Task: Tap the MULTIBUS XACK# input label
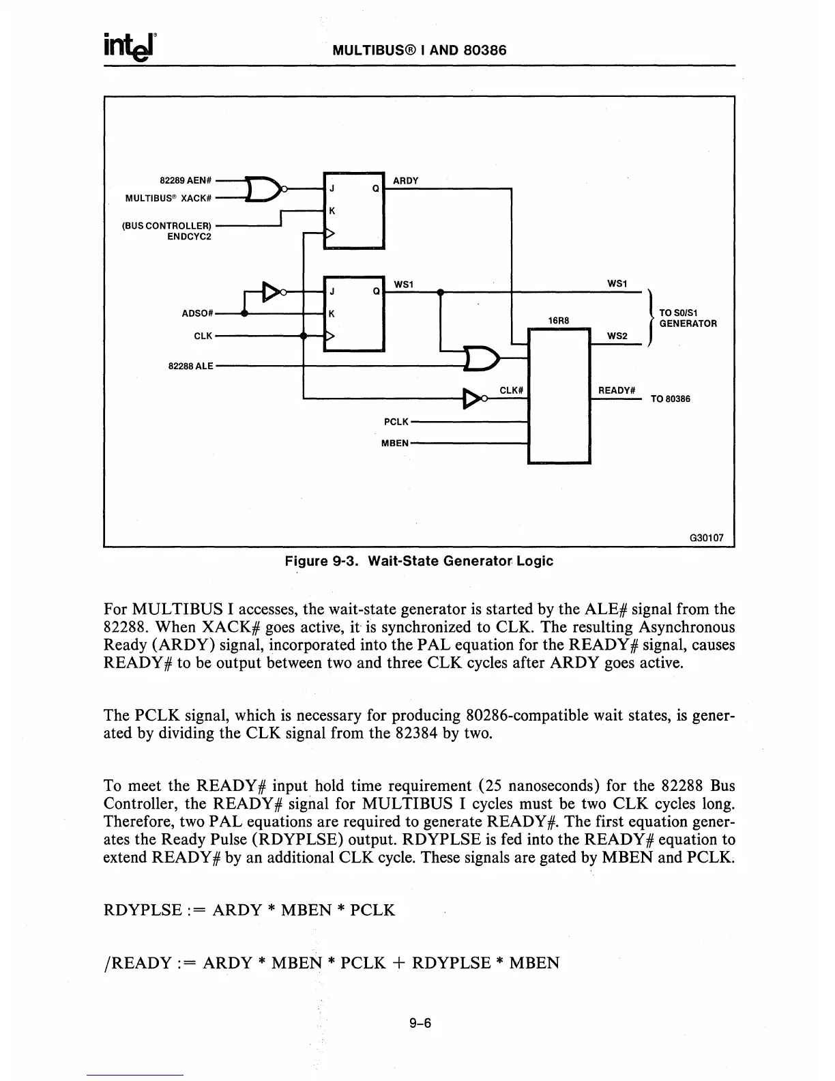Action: point(168,198)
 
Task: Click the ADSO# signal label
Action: point(198,314)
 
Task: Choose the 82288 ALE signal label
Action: point(191,366)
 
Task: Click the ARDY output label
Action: point(406,181)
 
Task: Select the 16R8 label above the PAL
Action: point(559,320)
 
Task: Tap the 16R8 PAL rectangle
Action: point(559,396)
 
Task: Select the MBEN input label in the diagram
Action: point(394,442)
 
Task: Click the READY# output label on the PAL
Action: point(617,390)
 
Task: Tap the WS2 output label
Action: point(617,336)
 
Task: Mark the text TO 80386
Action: point(670,399)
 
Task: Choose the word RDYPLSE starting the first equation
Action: point(142,910)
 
